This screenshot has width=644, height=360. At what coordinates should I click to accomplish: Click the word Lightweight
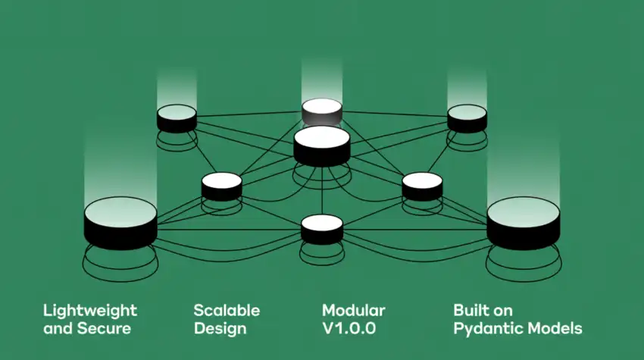pyautogui.click(x=89, y=311)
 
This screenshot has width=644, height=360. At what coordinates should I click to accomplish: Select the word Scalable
pyautogui.click(x=227, y=311)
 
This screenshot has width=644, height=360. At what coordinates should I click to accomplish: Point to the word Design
pyautogui.click(x=220, y=329)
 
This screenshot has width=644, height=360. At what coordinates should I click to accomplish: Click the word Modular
pyautogui.click(x=353, y=311)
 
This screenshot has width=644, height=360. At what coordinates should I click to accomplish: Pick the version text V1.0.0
pyautogui.click(x=349, y=329)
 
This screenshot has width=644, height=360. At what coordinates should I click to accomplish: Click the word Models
pyautogui.click(x=557, y=329)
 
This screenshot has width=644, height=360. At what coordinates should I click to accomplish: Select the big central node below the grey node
pyautogui.click(x=322, y=144)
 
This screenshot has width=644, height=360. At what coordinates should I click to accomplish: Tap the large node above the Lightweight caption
pyautogui.click(x=120, y=221)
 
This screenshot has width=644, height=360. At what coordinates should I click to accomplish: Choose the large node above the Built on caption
pyautogui.click(x=524, y=221)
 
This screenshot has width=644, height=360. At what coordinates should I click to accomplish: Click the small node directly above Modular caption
pyautogui.click(x=322, y=228)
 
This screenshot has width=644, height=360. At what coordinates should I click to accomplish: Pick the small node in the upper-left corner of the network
pyautogui.click(x=177, y=118)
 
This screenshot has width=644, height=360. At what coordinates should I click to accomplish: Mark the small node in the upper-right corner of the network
pyautogui.click(x=467, y=117)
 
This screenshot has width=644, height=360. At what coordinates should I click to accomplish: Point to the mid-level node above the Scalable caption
pyautogui.click(x=221, y=186)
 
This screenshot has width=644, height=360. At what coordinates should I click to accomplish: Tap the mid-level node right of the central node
pyautogui.click(x=422, y=186)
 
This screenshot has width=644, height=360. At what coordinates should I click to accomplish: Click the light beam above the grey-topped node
pyautogui.click(x=322, y=76)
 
